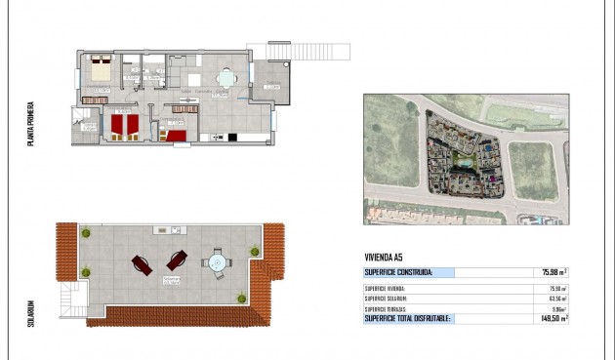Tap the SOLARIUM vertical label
tap(32, 314)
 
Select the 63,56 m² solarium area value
tap(556, 299)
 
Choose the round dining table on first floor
tap(226, 78)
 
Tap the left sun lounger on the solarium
tap(143, 263)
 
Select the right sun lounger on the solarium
tap(177, 260)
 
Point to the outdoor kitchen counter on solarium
tap(167, 230)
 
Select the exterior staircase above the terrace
tap(299, 50)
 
